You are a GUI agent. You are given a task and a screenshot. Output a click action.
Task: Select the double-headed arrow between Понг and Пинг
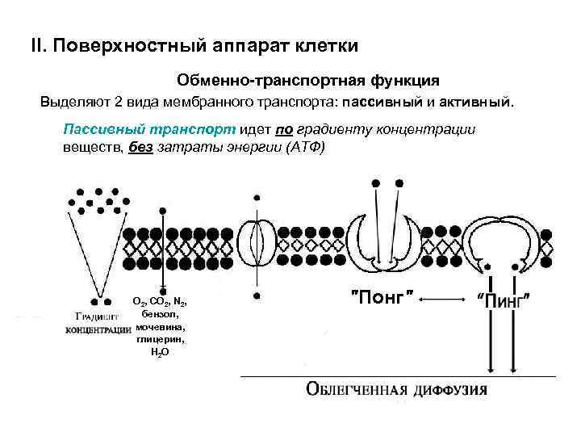point(445,300)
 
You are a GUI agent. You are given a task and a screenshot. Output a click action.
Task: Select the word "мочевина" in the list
point(160,327)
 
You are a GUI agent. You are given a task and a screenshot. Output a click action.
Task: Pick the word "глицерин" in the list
point(160,340)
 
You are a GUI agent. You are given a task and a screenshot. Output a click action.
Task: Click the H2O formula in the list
point(160,354)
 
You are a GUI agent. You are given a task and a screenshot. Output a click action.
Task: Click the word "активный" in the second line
point(480,103)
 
